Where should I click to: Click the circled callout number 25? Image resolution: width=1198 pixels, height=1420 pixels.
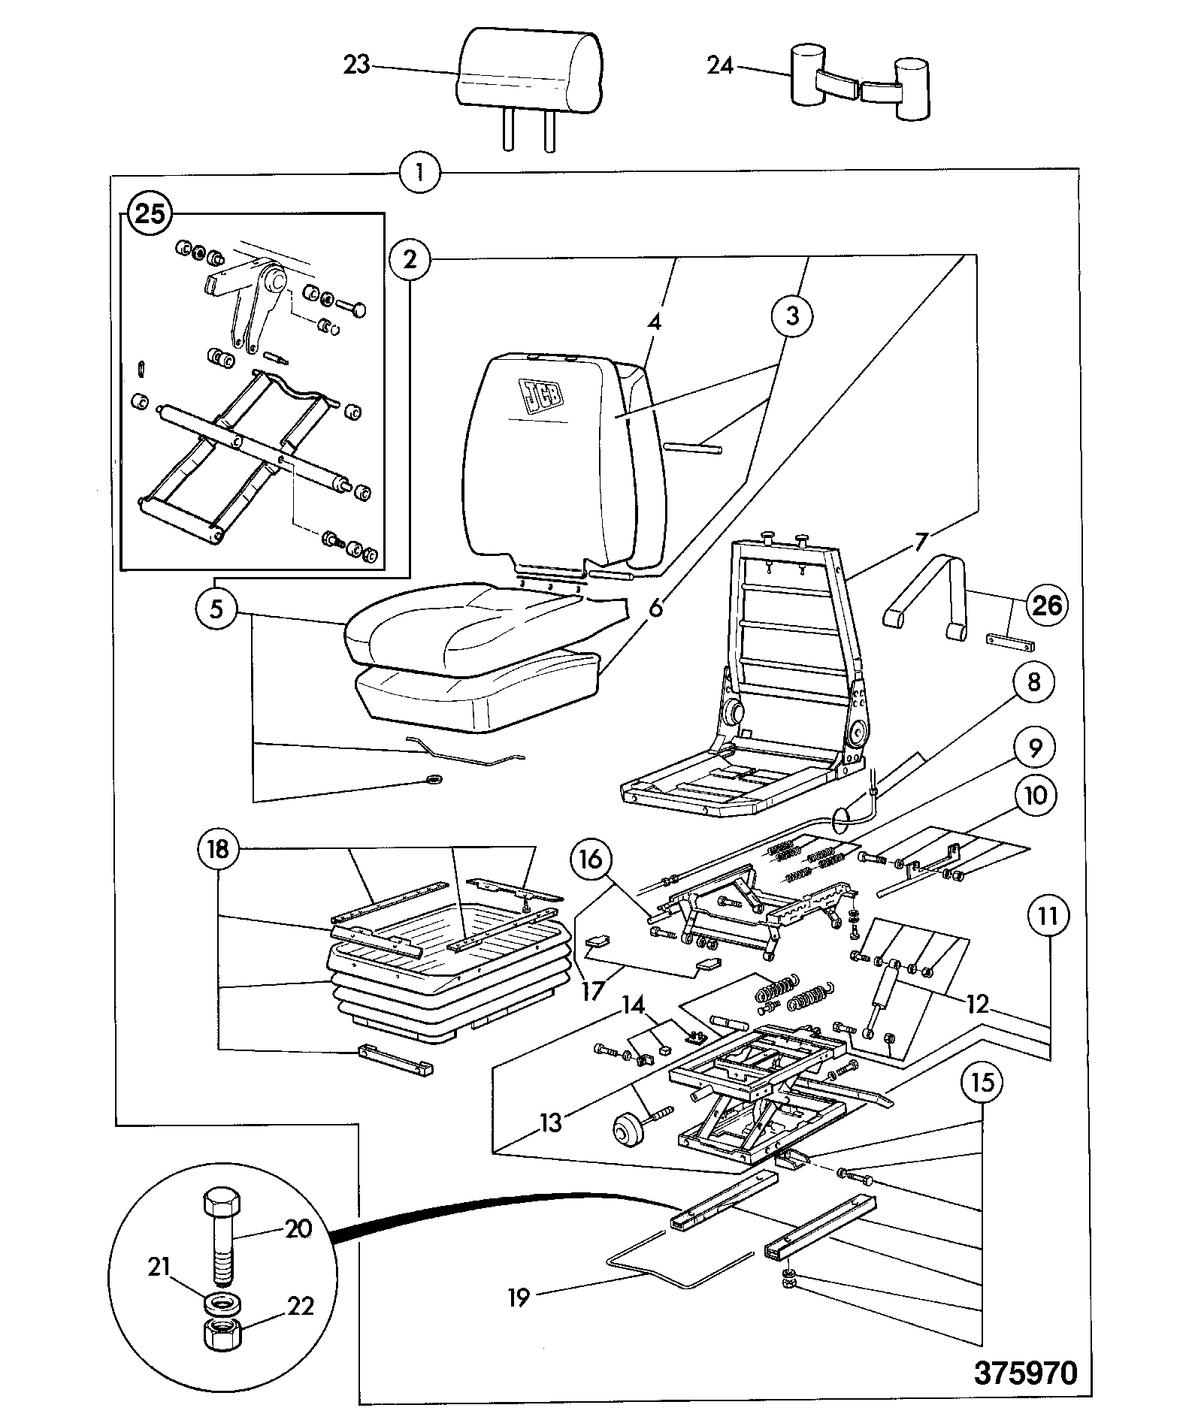pos(150,216)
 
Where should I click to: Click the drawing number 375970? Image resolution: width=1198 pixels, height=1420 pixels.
pos(1026,1371)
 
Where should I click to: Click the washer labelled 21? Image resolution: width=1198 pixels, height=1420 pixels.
pos(221,1301)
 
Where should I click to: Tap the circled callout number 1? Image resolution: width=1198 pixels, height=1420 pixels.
pos(419,174)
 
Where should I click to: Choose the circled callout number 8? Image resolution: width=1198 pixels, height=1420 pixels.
pos(1033,682)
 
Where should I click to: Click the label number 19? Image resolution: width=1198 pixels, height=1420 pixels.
pos(519,1296)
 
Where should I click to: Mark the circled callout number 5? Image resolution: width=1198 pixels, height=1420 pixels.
pos(216,608)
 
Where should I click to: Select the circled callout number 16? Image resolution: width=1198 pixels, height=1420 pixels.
pos(591,860)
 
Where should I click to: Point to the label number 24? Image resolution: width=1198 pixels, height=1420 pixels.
pos(720,66)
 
